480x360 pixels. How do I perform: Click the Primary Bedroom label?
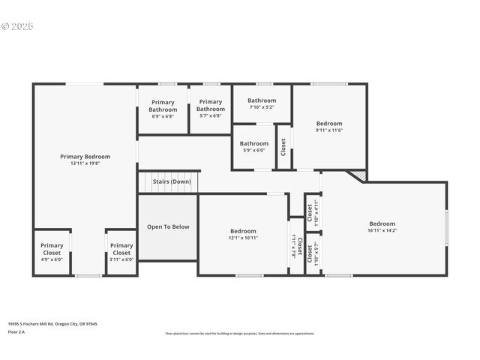point(85,157)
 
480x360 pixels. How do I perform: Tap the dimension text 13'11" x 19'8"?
point(85,163)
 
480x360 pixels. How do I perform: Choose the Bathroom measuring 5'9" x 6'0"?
point(254,143)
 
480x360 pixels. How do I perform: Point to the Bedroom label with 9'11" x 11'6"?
point(328,124)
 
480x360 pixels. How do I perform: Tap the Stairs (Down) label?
point(171,181)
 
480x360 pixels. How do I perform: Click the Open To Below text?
point(168,226)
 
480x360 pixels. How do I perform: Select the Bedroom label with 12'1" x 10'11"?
point(243,231)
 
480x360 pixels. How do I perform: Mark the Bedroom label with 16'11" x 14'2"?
point(382,223)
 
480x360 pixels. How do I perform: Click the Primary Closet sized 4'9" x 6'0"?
point(52,249)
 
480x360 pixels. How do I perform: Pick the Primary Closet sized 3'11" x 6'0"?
point(121,249)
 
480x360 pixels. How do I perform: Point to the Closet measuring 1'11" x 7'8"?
point(296,246)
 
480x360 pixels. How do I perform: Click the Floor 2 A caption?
point(16,331)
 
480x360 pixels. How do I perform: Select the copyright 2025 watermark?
point(18,26)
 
